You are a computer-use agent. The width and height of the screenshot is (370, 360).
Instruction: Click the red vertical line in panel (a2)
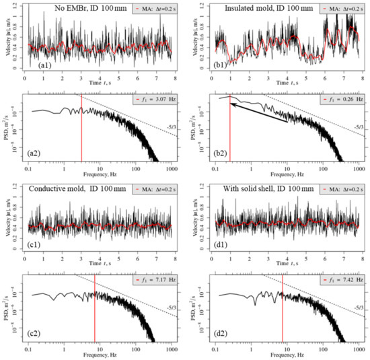[81, 128]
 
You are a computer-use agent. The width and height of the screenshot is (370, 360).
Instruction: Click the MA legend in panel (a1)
[147, 8]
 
